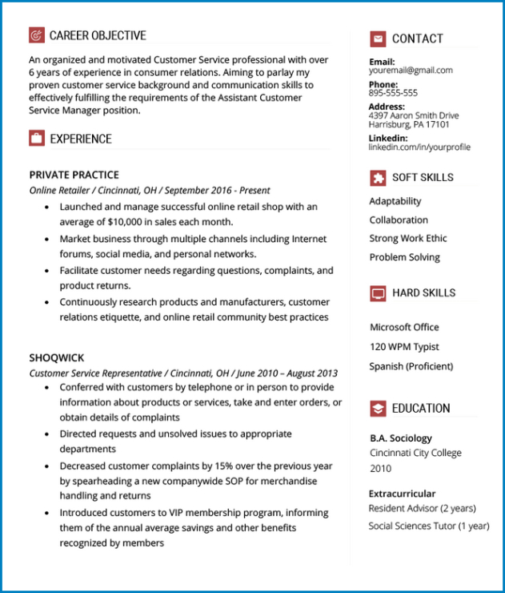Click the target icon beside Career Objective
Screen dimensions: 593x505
pyautogui.click(x=36, y=35)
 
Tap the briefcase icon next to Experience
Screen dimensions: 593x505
pyautogui.click(x=36, y=139)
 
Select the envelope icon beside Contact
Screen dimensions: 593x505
pyautogui.click(x=378, y=38)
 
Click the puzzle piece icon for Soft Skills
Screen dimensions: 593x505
pyautogui.click(x=378, y=177)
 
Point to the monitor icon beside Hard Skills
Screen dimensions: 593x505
pyautogui.click(x=378, y=293)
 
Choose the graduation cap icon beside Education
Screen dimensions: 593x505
pyautogui.click(x=378, y=409)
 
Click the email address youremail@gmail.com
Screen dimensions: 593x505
pyautogui.click(x=411, y=71)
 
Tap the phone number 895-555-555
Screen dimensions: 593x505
pyautogui.click(x=393, y=93)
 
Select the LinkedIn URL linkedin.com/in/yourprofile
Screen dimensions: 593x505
pyautogui.click(x=419, y=147)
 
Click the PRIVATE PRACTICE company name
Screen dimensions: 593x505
pyautogui.click(x=74, y=175)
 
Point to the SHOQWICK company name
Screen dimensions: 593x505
pyautogui.click(x=57, y=357)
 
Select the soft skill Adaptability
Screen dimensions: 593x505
pyautogui.click(x=395, y=201)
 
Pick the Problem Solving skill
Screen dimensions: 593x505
pyautogui.click(x=405, y=257)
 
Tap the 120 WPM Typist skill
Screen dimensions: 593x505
pyautogui.click(x=404, y=347)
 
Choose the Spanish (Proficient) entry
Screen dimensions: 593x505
pyautogui.click(x=411, y=366)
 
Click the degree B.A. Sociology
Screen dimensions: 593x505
pyautogui.click(x=401, y=438)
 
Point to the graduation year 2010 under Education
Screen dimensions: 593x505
pyautogui.click(x=381, y=469)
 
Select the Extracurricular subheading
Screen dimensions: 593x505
pyautogui.click(x=402, y=494)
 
